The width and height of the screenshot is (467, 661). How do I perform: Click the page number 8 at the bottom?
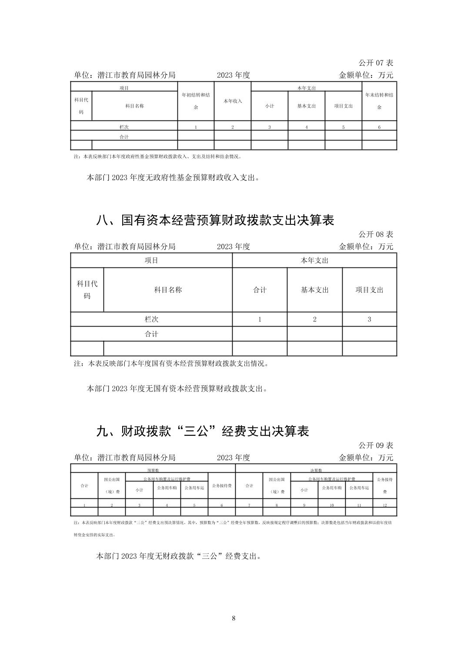point(233,618)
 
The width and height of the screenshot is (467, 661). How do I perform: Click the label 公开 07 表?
point(376,63)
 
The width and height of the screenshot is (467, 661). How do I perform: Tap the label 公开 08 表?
point(376,234)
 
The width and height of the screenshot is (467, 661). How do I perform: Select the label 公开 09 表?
point(376,445)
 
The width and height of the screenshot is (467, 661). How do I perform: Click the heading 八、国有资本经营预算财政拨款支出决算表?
point(215,220)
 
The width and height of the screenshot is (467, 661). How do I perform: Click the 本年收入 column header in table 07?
point(233,101)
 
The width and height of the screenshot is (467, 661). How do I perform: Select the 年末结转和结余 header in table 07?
point(379,101)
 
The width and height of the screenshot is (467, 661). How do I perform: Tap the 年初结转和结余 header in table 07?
point(196,101)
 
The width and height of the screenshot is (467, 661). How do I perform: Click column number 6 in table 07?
point(379,127)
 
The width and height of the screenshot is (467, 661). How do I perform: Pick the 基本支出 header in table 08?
point(314,290)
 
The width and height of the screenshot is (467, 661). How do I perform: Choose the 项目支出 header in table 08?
point(369,290)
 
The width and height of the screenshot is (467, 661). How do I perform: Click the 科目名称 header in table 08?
point(168,290)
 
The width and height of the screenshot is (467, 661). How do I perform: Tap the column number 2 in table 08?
point(314,319)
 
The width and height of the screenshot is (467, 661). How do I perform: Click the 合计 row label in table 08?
point(151,334)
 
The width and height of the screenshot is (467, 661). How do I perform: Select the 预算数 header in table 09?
point(153,470)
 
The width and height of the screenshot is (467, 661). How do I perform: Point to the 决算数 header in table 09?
point(316,470)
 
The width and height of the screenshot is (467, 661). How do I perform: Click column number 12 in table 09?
point(385,505)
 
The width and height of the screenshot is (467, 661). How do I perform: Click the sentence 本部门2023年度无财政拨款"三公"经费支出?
point(178,556)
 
